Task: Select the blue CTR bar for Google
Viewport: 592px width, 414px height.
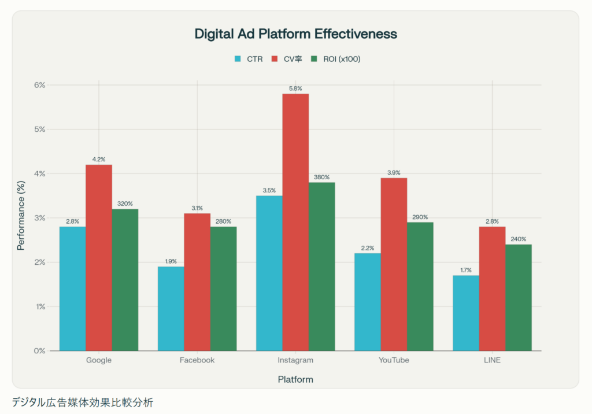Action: pos(72,289)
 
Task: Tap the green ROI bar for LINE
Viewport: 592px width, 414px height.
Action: pos(518,297)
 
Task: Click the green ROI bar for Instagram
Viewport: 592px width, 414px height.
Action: pos(321,267)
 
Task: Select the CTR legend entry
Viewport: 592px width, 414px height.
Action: pos(248,59)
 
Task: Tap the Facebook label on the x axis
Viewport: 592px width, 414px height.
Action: pos(197,360)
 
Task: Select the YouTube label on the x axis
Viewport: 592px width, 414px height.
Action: pos(394,360)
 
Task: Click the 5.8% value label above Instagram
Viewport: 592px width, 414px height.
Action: pos(295,88)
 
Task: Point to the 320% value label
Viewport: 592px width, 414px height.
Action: pos(125,204)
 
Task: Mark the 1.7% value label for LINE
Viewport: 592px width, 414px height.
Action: pos(466,270)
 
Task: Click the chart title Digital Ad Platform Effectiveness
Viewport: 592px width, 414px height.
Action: pos(295,34)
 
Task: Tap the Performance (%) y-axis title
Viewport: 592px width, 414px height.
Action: pos(21,218)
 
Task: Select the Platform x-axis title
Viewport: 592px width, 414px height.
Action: pos(295,380)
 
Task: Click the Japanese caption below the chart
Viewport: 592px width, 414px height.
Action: pos(82,402)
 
